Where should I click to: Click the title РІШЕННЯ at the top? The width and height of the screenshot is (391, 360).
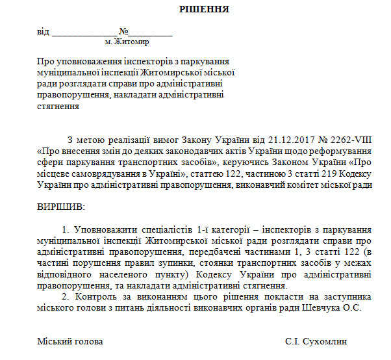(195, 9)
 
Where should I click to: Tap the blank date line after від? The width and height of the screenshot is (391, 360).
(84, 32)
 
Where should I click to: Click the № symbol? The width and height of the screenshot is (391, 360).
(123, 31)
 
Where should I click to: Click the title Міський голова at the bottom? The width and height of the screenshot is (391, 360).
(70, 341)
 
